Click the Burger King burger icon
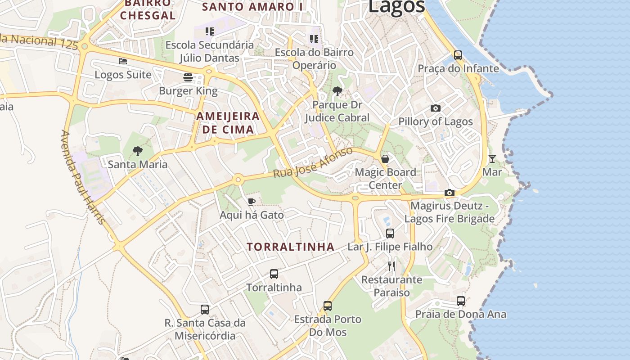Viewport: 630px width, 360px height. click(x=188, y=77)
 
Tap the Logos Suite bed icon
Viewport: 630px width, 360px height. click(x=123, y=61)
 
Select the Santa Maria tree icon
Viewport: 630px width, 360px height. click(x=138, y=151)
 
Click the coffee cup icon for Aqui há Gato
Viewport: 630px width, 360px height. click(x=252, y=202)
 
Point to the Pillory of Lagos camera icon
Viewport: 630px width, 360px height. click(x=435, y=108)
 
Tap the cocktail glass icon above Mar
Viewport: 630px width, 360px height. click(x=492, y=158)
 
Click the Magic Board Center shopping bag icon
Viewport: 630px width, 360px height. click(x=385, y=158)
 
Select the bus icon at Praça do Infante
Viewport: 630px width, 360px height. click(x=458, y=55)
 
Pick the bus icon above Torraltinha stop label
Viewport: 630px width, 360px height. click(x=274, y=274)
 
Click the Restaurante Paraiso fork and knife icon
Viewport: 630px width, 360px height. click(x=391, y=266)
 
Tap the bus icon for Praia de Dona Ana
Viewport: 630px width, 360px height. click(x=461, y=301)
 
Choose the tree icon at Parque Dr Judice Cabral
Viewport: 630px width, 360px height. click(x=337, y=92)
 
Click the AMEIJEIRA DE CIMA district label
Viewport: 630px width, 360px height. click(x=228, y=123)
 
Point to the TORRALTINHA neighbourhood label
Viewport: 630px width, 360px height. click(x=291, y=247)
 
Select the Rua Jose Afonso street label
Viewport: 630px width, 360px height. click(x=313, y=162)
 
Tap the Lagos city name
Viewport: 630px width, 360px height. click(x=396, y=6)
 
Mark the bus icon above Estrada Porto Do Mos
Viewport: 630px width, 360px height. click(x=328, y=306)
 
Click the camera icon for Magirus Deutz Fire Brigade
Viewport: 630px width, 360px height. click(x=449, y=193)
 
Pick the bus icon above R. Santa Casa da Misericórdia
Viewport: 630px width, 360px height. click(x=205, y=309)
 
